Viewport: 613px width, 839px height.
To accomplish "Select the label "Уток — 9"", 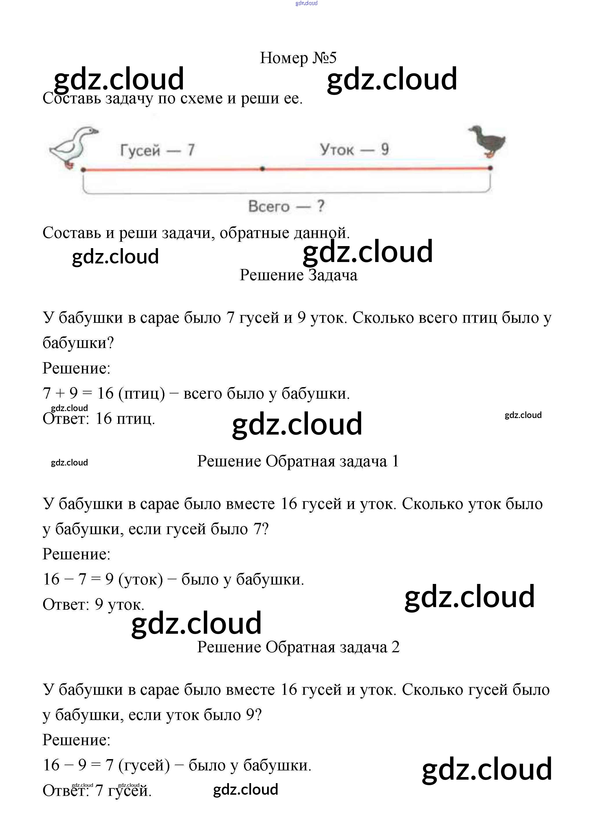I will pos(354,150).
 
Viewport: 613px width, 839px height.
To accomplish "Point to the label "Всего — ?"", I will pos(286,206).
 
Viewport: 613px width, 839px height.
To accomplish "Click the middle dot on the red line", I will pos(262,169).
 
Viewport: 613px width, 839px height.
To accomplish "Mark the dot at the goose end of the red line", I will pos(83,170).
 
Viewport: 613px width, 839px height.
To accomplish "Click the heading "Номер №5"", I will pos(298,58).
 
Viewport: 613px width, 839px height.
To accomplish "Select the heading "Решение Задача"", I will pos(298,275).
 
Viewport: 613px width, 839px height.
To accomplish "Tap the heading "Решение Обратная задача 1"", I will pos(298,461).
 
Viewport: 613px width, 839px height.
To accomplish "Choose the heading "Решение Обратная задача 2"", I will pos(298,647).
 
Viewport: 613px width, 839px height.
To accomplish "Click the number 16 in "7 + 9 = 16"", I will pos(105,393).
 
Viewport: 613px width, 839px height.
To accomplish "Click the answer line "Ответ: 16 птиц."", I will pos(99,419).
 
